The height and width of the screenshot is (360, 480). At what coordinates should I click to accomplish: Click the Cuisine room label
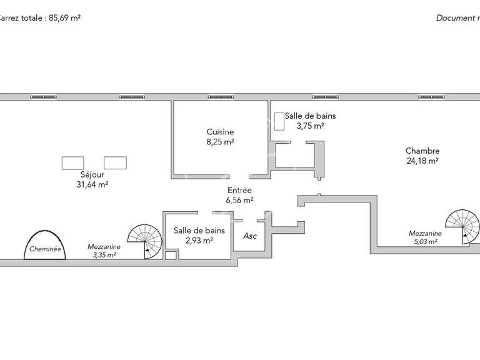(220, 132)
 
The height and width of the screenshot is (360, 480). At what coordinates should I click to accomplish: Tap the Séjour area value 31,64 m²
(92, 184)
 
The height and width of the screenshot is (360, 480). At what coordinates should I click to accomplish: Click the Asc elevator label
(250, 236)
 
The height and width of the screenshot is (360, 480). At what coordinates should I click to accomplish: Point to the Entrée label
(239, 190)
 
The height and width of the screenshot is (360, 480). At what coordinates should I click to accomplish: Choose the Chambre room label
(422, 151)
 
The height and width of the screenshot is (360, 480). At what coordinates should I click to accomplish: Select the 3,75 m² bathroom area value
(310, 126)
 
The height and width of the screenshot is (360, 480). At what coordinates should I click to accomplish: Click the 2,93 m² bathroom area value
(199, 240)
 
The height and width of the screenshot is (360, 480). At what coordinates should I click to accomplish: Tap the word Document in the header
(455, 18)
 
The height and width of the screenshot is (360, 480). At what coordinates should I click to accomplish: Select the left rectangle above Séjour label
(73, 162)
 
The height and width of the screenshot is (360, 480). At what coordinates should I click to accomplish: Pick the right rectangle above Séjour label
(115, 162)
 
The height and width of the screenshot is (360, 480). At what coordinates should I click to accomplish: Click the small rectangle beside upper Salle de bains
(278, 122)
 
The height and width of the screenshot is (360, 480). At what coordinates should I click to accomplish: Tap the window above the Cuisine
(221, 97)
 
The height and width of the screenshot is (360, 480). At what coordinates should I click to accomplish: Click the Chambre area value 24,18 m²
(422, 161)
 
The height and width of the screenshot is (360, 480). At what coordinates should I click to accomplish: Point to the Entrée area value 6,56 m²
(239, 200)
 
